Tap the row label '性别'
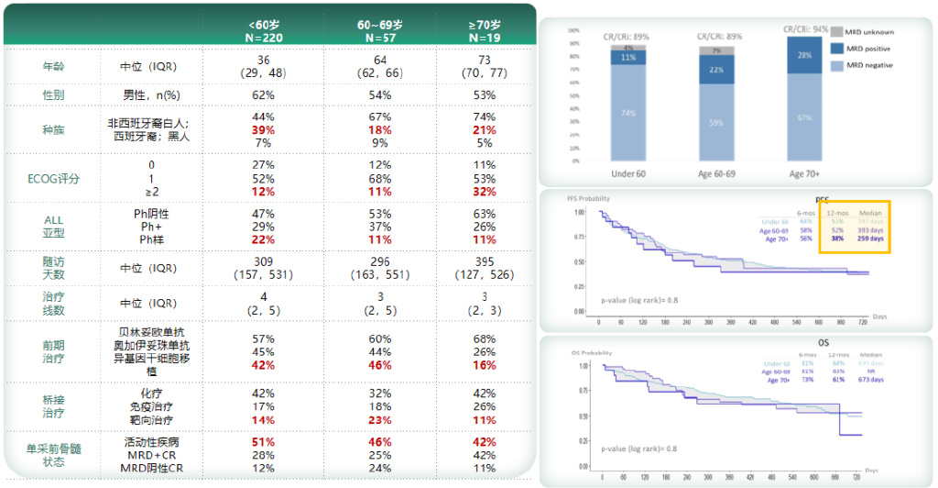pyautogui.click(x=54, y=94)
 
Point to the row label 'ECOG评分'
pyautogui.click(x=54, y=178)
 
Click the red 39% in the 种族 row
pyautogui.click(x=264, y=130)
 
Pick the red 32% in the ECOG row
pyautogui.click(x=485, y=192)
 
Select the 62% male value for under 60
pyautogui.click(x=264, y=94)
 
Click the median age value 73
pyautogui.click(x=485, y=60)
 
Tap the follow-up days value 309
pyautogui.click(x=264, y=261)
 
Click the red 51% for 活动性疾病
pyautogui.click(x=264, y=442)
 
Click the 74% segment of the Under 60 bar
pyautogui.click(x=627, y=114)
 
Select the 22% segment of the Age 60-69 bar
pyautogui.click(x=715, y=70)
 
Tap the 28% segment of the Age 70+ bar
pyautogui.click(x=803, y=56)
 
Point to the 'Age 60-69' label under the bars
pyautogui.click(x=716, y=172)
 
